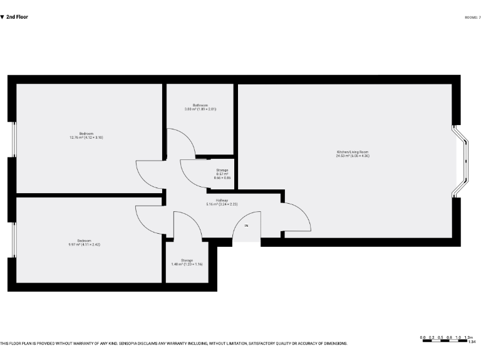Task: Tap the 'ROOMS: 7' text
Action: click(x=473, y=17)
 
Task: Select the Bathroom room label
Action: click(x=200, y=107)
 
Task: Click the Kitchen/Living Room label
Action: click(x=353, y=154)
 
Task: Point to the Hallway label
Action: click(x=222, y=202)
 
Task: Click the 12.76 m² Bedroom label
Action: click(x=86, y=135)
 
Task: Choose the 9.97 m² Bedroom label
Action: click(x=84, y=242)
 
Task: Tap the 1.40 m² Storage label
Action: click(x=187, y=262)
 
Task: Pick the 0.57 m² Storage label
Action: click(x=222, y=172)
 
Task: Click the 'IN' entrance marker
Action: click(x=246, y=226)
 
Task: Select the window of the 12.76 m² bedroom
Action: click(x=13, y=139)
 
